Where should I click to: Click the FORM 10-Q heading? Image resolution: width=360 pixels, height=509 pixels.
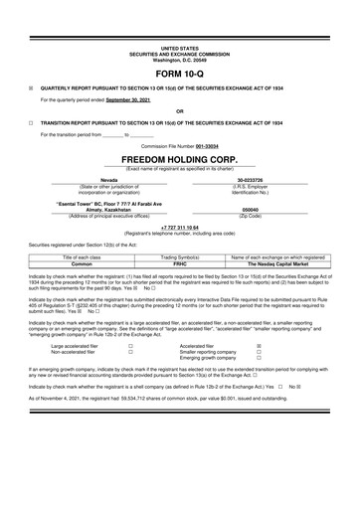coord(179,75)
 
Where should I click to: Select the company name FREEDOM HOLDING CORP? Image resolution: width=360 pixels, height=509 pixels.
coord(179,158)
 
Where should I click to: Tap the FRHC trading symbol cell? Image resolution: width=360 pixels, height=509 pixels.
coord(180,263)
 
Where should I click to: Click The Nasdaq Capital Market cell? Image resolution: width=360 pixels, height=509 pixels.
coord(277,263)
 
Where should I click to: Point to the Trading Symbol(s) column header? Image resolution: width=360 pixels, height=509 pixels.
coord(180,256)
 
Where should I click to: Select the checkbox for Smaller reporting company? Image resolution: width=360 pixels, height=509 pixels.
coord(260,356)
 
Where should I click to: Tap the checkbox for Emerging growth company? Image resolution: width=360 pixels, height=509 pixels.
coord(260,363)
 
